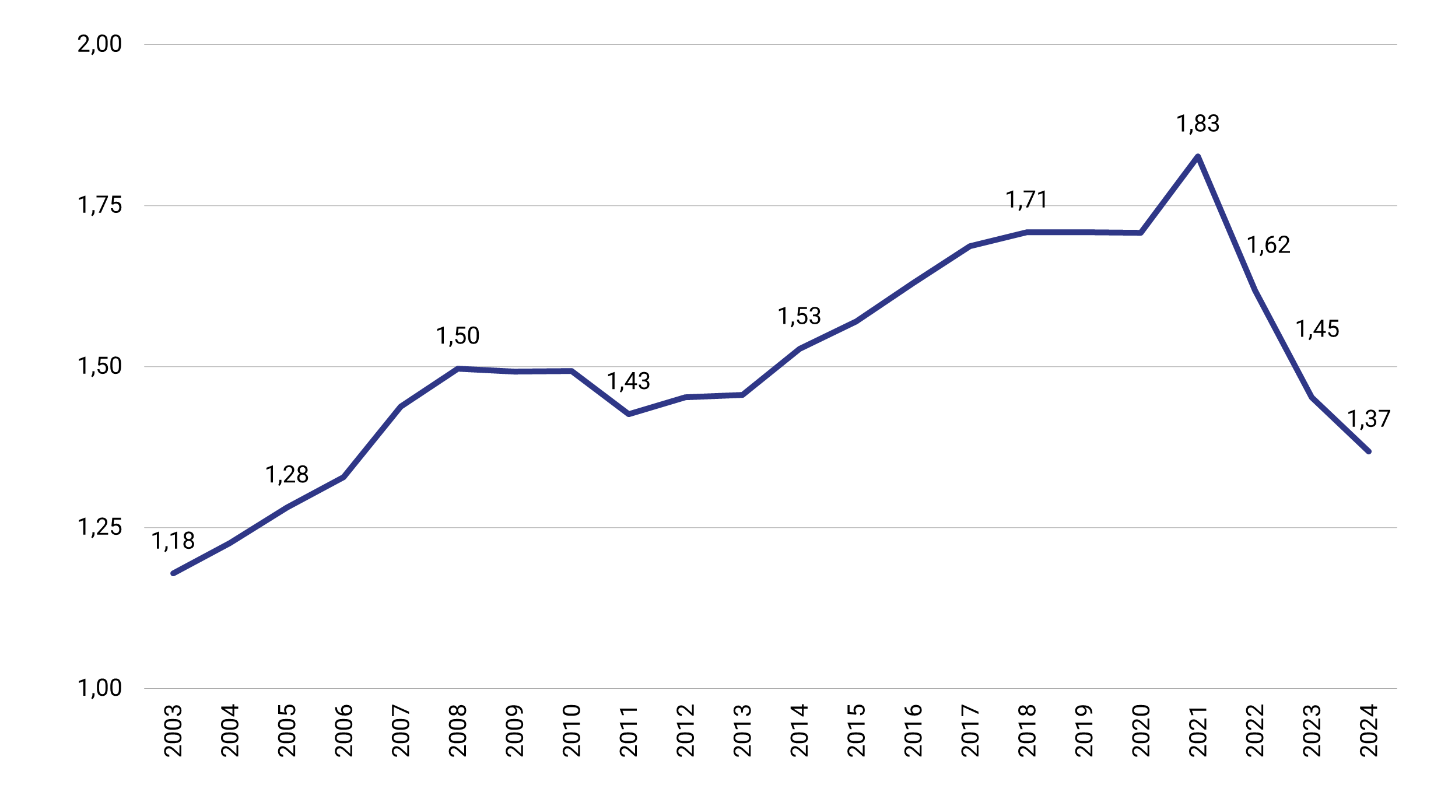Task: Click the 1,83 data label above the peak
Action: pyautogui.click(x=1197, y=124)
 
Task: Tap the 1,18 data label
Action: pyautogui.click(x=173, y=541)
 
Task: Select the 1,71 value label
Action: pyautogui.click(x=1026, y=200)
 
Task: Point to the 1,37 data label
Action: pyautogui.click(x=1368, y=419)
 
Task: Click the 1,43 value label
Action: pyautogui.click(x=628, y=381)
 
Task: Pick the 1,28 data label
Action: pyautogui.click(x=287, y=475)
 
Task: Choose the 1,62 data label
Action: pyautogui.click(x=1268, y=245)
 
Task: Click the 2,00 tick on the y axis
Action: pyautogui.click(x=100, y=44)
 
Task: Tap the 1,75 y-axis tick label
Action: pyautogui.click(x=100, y=205)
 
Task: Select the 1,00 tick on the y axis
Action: pyautogui.click(x=100, y=688)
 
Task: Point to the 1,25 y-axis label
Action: pyautogui.click(x=100, y=527)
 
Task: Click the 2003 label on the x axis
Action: pyautogui.click(x=173, y=730)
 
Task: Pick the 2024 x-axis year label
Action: pyautogui.click(x=1368, y=730)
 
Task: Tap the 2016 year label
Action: pyautogui.click(x=913, y=730)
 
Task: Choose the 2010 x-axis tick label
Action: pyautogui.click(x=572, y=730)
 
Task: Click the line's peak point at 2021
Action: pyautogui.click(x=1197, y=156)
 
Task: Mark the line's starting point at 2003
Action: pyautogui.click(x=173, y=573)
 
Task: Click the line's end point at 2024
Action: pyautogui.click(x=1368, y=451)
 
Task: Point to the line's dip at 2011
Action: pyautogui.click(x=628, y=414)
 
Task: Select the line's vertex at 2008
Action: pyautogui.click(x=458, y=369)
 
